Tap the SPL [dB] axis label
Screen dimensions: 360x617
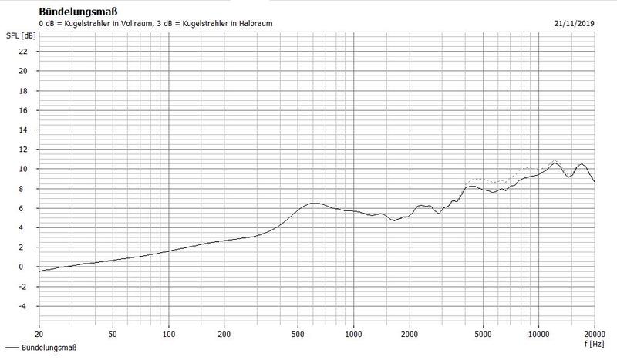click(19, 36)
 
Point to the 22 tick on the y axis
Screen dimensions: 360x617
click(23, 52)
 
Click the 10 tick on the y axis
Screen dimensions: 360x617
click(23, 169)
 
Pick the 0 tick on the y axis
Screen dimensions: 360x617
click(25, 267)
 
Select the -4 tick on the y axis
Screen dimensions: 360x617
click(23, 306)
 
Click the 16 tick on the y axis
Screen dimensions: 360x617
click(23, 110)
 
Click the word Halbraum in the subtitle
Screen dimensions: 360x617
click(253, 24)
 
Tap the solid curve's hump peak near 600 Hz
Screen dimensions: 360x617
click(313, 203)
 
